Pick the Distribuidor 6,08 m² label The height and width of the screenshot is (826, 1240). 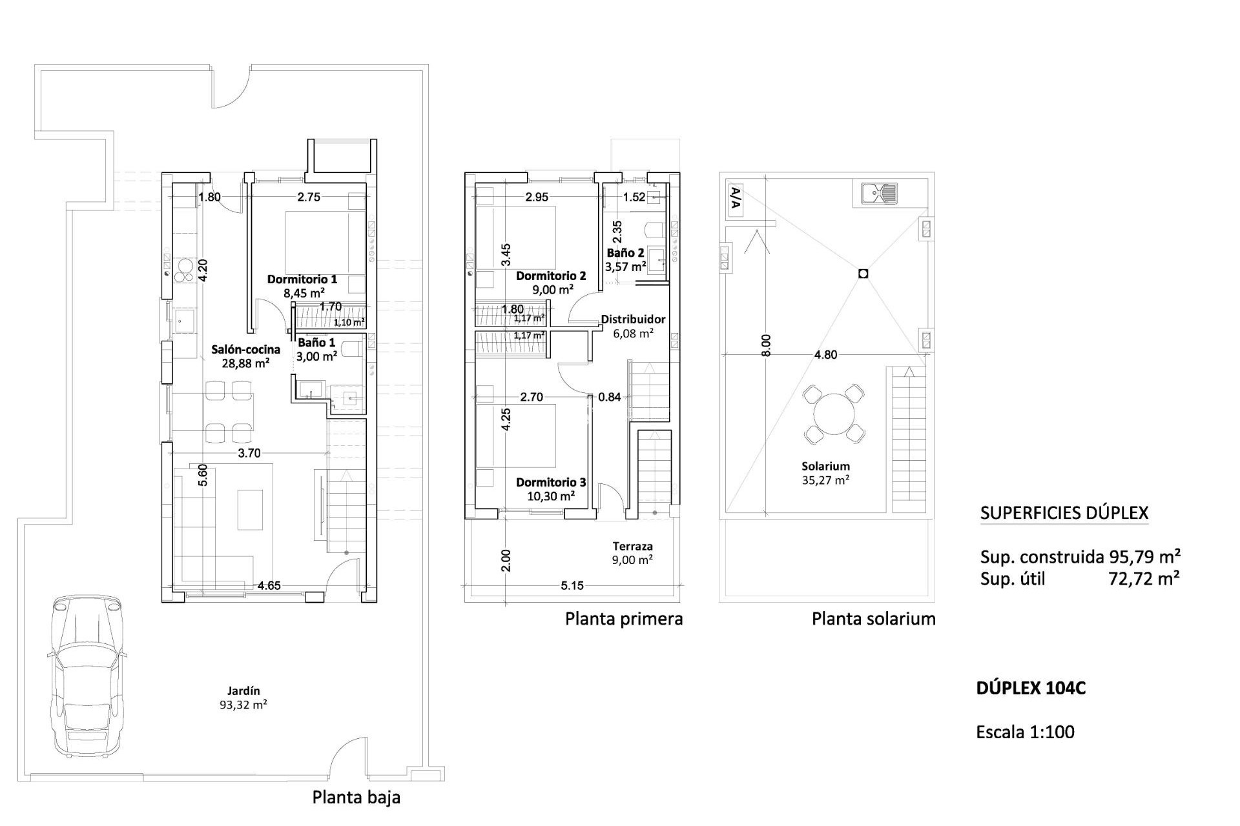coord(633,326)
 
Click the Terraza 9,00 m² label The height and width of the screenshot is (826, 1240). coord(632,553)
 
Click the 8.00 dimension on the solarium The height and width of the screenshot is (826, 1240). coord(766,345)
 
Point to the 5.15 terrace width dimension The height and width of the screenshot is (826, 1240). coord(572,586)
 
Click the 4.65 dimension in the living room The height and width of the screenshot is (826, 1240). coord(269,586)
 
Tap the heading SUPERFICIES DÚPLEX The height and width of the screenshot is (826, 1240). coord(1064,513)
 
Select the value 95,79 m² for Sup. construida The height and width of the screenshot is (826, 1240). coord(1144,556)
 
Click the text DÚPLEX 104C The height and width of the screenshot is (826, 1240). coord(1031,689)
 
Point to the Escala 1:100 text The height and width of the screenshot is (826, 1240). coord(1025,732)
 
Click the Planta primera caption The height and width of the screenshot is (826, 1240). coord(623,619)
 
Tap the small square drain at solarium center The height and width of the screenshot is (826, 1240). coord(863,274)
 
